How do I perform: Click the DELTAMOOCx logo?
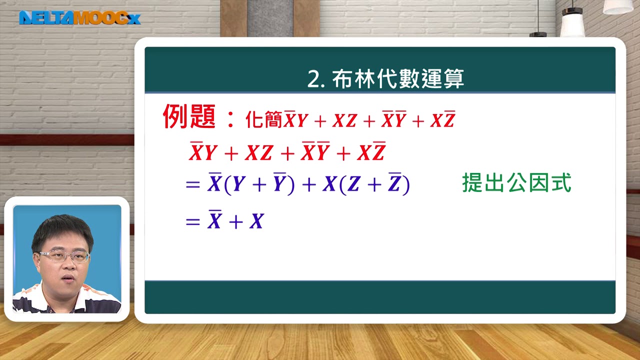(x=79, y=18)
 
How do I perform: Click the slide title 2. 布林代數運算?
(x=385, y=78)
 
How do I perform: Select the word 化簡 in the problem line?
(x=263, y=120)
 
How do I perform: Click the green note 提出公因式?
(x=516, y=183)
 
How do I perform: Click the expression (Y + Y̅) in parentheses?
(x=259, y=184)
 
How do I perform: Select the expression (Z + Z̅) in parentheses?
(x=374, y=184)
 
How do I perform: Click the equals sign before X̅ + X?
(x=192, y=222)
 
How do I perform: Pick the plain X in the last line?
(x=256, y=221)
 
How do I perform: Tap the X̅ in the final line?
(x=214, y=220)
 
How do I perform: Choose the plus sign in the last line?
(x=235, y=222)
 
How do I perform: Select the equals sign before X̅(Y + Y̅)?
(x=192, y=185)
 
